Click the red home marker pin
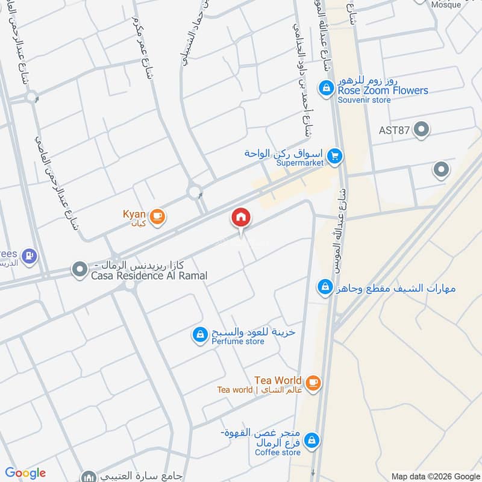241,218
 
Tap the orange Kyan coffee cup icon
157,216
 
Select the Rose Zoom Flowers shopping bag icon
326,89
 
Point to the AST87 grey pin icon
422,130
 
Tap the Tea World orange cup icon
313,383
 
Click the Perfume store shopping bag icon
200,334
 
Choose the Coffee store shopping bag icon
311,441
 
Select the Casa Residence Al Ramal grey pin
80,269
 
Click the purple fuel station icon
28,256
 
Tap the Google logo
26,473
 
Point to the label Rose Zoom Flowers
383,90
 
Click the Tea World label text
278,380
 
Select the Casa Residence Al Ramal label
149,276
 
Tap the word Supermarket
300,163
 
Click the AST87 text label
395,130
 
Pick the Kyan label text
134,214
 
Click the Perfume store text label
237,342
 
